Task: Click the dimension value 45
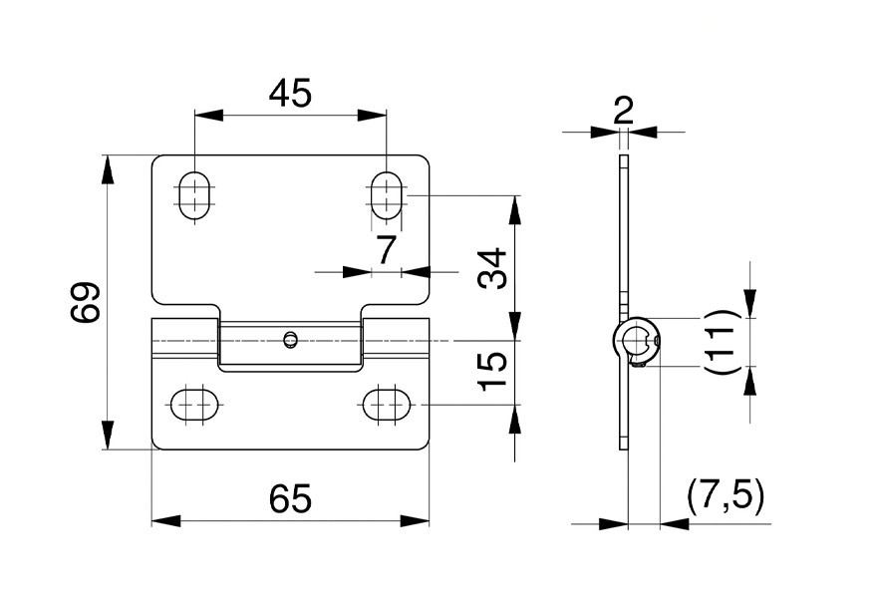click(290, 93)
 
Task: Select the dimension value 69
click(86, 303)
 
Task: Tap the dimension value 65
click(290, 498)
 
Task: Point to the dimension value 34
click(492, 268)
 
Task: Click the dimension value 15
click(492, 370)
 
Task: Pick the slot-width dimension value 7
click(387, 249)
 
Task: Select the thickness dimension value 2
click(623, 111)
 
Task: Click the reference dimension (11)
click(721, 342)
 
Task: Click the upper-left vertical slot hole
click(194, 195)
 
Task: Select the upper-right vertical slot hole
click(386, 195)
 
